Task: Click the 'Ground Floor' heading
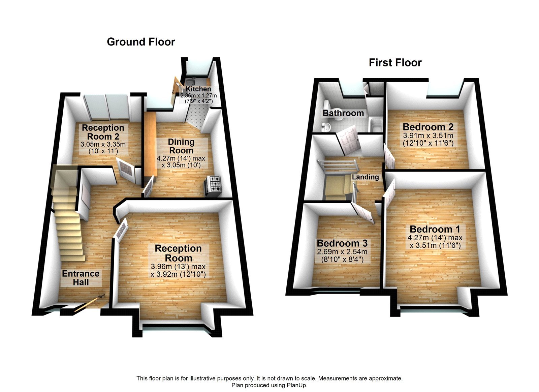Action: [141, 42]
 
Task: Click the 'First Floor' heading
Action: [395, 63]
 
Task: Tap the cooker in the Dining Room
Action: [213, 185]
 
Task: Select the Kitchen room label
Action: [198, 89]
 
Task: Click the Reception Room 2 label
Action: [103, 132]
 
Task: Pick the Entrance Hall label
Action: [81, 278]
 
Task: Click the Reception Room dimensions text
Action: [178, 270]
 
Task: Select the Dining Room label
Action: [181, 146]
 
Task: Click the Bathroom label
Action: [343, 113]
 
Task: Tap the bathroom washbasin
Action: [326, 127]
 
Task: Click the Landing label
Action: [366, 177]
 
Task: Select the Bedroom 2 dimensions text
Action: [428, 140]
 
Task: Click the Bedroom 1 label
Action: [435, 229]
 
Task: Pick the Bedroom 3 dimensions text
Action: [342, 256]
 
